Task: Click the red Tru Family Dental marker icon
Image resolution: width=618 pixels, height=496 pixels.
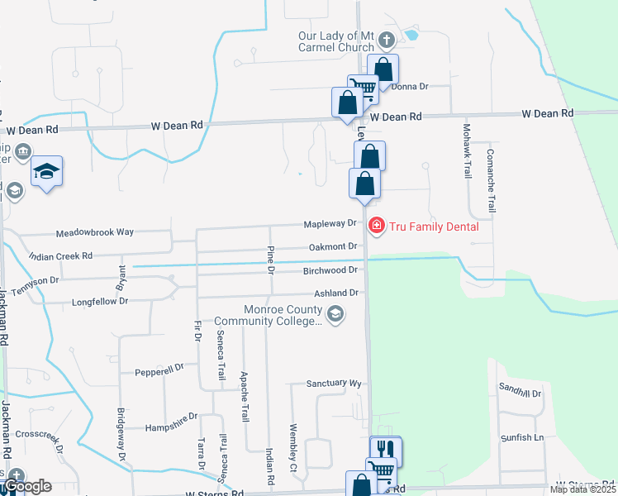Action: (377, 225)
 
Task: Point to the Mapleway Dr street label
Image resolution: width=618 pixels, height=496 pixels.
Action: (329, 224)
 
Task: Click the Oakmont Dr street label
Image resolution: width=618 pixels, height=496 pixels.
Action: (332, 246)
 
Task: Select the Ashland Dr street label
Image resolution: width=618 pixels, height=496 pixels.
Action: (335, 293)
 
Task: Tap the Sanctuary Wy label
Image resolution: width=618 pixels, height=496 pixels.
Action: (334, 384)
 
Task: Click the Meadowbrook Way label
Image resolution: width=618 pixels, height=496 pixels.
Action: (95, 232)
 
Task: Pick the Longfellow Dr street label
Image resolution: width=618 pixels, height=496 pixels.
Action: (101, 301)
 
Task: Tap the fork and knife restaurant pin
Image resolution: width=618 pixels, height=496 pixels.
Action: (384, 449)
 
